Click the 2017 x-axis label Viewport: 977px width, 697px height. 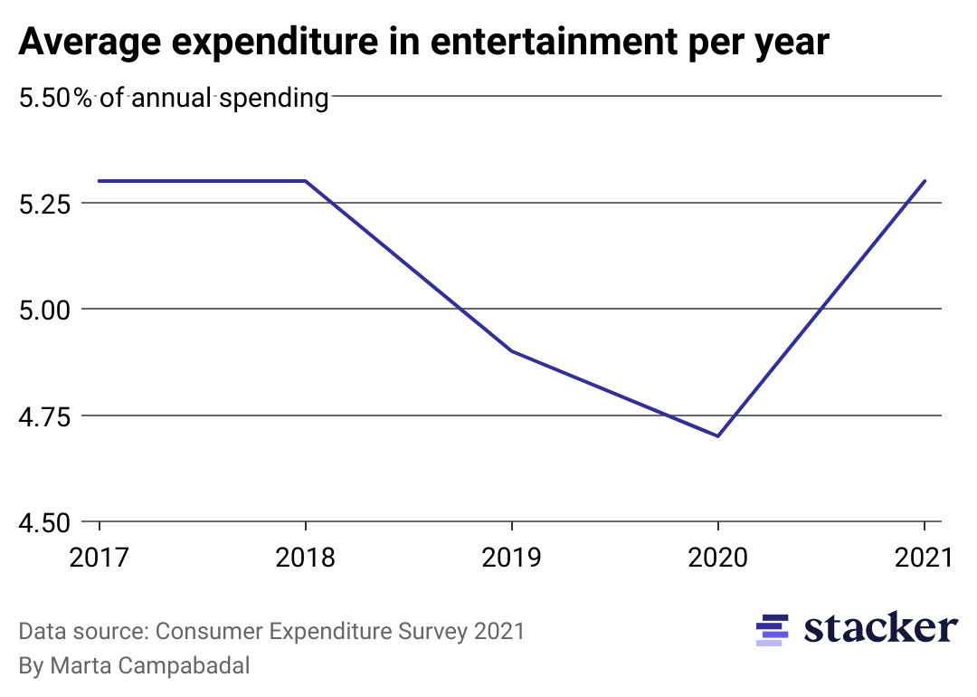tap(100, 557)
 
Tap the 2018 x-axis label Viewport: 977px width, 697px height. tap(306, 557)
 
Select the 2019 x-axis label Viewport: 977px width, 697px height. tap(512, 557)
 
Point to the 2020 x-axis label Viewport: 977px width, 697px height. tap(718, 557)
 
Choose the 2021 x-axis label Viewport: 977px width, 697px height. tap(924, 557)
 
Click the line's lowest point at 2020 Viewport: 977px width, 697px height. tap(718, 436)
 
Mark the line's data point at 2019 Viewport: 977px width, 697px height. tap(512, 351)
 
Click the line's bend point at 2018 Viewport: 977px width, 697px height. tap(306, 181)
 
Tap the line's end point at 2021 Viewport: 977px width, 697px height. tap(924, 181)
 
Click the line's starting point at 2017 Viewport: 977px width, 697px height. tap(100, 181)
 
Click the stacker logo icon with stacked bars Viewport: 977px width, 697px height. tap(772, 630)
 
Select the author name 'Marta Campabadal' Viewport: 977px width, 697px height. tap(150, 666)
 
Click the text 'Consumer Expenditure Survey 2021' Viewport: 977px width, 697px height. tap(340, 631)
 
